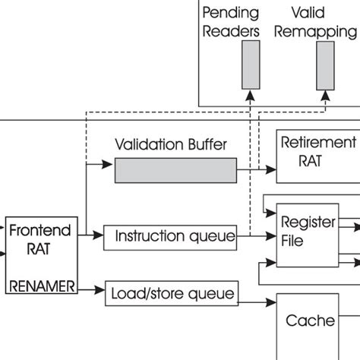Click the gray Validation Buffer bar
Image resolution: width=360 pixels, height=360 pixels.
tap(175, 171)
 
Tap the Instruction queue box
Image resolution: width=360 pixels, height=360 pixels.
tap(168, 237)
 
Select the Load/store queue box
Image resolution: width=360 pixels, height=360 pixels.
tap(172, 292)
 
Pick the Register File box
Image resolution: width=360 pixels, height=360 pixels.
tap(303, 233)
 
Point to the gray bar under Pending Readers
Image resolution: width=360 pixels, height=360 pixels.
tap(251, 65)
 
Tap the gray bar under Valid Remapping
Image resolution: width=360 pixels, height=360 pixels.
tap(325, 65)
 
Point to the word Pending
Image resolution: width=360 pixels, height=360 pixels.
tap(231, 14)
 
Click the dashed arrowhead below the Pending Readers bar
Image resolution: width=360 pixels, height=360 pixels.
tap(251, 95)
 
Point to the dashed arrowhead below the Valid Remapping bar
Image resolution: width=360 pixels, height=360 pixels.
tap(325, 95)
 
